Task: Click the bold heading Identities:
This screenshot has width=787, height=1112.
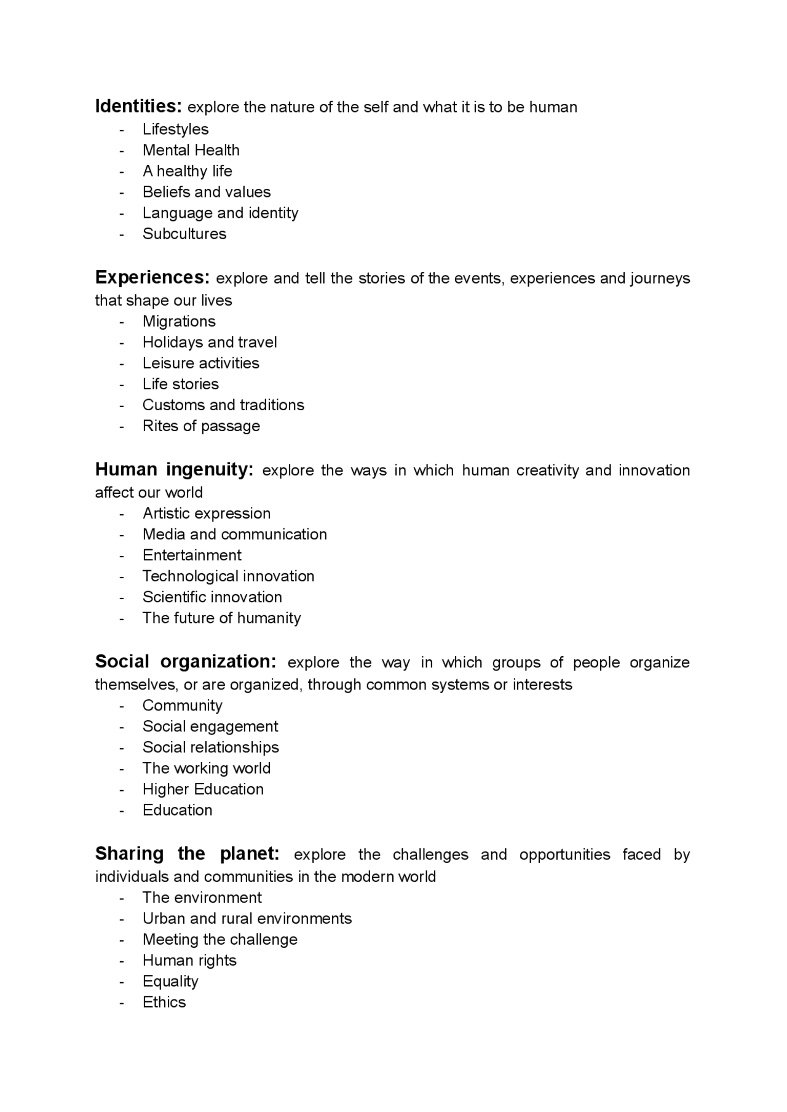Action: point(138,106)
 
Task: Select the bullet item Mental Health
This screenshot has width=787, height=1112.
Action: point(191,150)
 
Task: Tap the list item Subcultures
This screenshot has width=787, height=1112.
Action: point(184,234)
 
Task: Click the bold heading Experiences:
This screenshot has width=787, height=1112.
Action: point(152,277)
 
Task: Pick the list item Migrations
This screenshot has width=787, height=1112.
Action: point(179,321)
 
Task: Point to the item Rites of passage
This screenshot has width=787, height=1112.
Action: point(201,426)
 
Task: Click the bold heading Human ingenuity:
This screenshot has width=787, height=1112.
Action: point(174,470)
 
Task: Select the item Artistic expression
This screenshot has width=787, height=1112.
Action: point(206,513)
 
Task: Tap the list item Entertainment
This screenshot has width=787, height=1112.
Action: point(192,555)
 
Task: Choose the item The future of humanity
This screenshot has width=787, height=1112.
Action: point(221,618)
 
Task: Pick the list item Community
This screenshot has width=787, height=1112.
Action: point(182,705)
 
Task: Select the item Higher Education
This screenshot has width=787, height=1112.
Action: point(203,789)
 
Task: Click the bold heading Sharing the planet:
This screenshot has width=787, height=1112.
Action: point(187,854)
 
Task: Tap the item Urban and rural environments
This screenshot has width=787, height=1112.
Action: point(247,918)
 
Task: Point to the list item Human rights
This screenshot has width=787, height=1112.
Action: point(189,960)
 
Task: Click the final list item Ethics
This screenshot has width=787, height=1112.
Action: point(164,1002)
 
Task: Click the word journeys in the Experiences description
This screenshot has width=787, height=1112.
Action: point(660,279)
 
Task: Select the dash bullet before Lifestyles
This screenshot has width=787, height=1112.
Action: point(122,129)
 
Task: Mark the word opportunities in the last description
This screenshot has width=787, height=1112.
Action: point(564,855)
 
